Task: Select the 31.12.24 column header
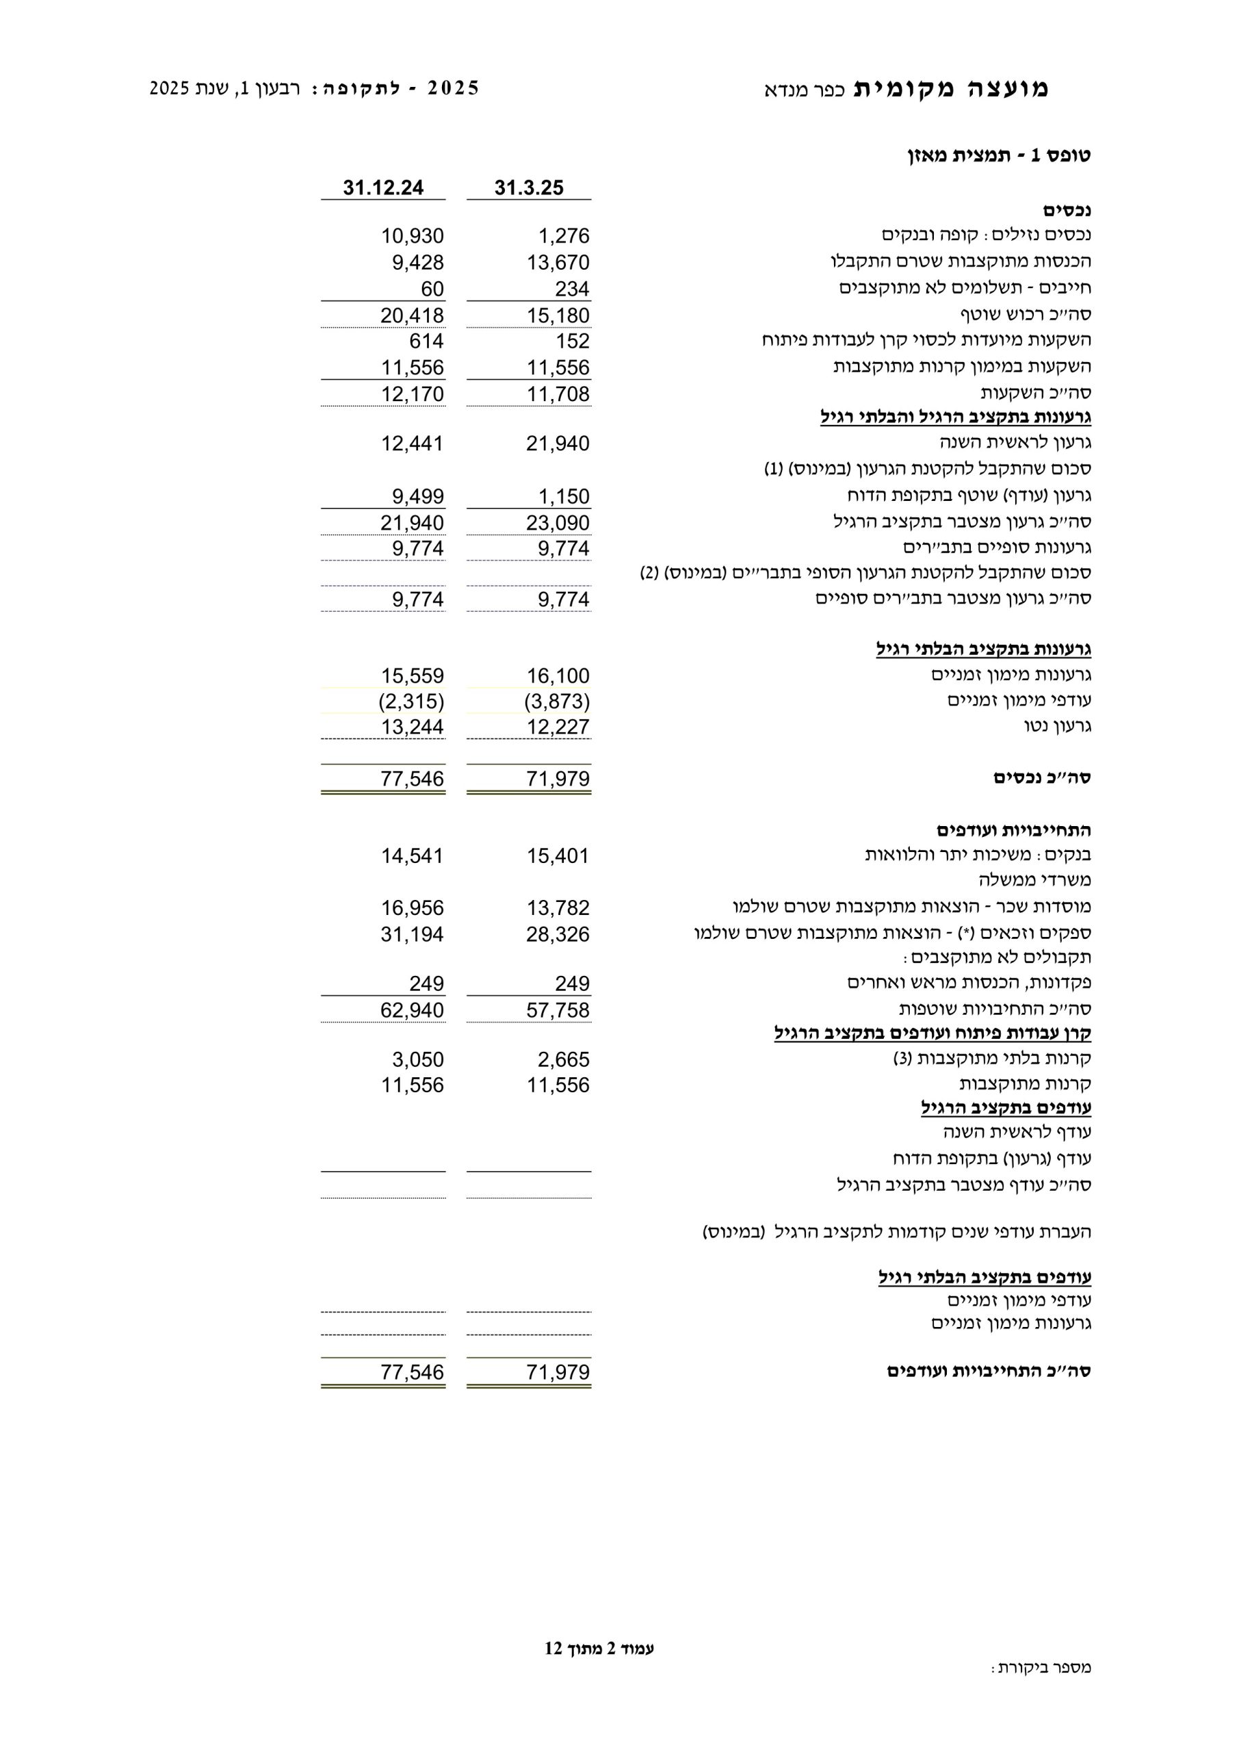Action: point(383,188)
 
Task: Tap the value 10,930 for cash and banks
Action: point(412,236)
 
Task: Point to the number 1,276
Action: point(564,236)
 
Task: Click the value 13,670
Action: point(558,263)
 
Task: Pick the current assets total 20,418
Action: point(412,315)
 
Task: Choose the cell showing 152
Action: point(572,341)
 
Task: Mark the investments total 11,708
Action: point(558,394)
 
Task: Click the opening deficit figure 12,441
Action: point(412,443)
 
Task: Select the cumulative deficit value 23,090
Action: point(558,523)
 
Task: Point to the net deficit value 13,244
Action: point(412,726)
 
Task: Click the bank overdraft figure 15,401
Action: point(558,856)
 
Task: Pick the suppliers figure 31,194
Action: point(412,934)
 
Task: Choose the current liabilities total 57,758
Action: point(558,1010)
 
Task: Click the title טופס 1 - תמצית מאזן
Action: point(999,155)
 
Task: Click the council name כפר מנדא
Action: point(804,90)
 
